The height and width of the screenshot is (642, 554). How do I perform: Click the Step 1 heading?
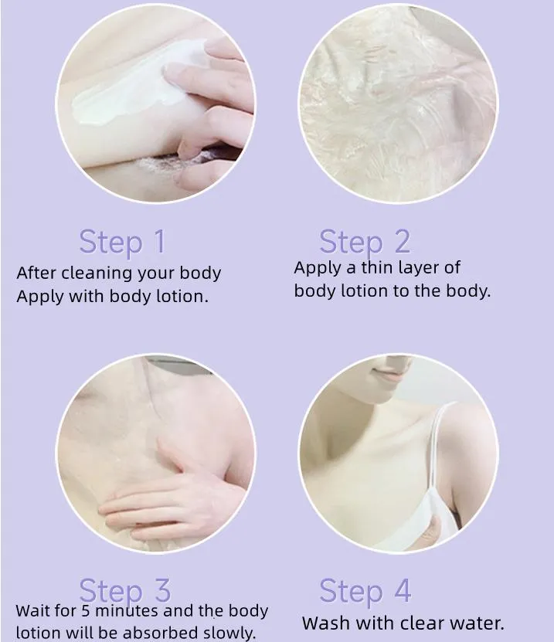point(122,243)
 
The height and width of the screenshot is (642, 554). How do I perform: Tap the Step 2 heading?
point(365,243)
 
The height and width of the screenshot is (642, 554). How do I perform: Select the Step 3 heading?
point(125,591)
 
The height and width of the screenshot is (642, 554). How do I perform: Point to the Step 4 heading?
point(365,591)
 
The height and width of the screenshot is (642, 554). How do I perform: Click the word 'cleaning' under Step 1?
point(97,273)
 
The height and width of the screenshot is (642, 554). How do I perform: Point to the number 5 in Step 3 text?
point(85,611)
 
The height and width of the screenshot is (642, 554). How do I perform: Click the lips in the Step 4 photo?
point(386,375)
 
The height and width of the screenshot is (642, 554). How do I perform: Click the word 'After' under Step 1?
point(36,272)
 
